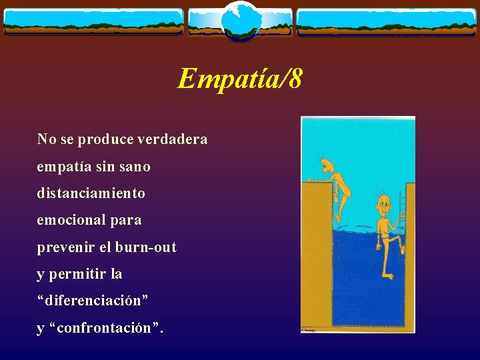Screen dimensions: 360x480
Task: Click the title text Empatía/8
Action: [239, 79]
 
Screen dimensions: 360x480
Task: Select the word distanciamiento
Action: [91, 193]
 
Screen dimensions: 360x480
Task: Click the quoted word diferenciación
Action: [93, 301]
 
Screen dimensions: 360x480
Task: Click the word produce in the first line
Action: [105, 139]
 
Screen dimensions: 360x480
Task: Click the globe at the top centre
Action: [240, 19]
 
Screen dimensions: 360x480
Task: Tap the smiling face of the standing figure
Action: [383, 202]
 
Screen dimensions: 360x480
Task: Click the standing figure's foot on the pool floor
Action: [387, 275]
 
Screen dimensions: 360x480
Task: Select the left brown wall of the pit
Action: [317, 253]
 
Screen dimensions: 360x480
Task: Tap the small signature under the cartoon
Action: [311, 329]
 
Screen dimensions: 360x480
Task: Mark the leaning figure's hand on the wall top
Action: [309, 180]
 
